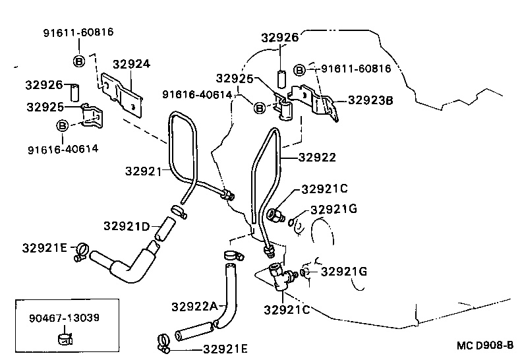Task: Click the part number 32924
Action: [131, 64]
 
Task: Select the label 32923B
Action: [370, 101]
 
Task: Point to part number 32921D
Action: [127, 226]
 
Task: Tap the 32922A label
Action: [194, 306]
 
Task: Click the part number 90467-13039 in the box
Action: [64, 318]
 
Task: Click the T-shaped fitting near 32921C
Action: [279, 273]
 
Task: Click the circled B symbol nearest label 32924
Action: [78, 62]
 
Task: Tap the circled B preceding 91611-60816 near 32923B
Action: [299, 69]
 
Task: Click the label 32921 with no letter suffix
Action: [143, 171]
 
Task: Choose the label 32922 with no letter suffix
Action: [317, 158]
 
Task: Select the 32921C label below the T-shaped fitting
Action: [286, 309]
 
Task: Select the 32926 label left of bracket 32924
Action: [44, 84]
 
